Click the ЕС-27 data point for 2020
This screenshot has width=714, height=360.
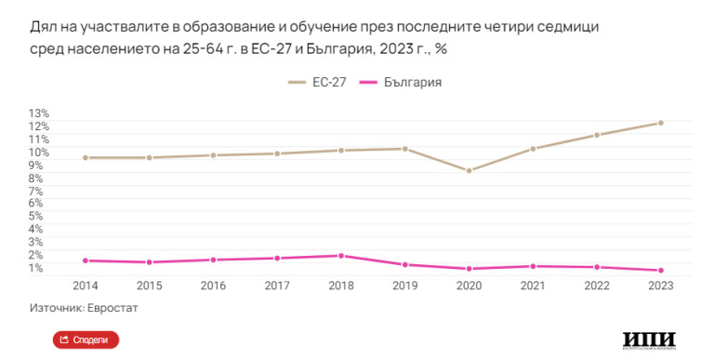tap(469, 170)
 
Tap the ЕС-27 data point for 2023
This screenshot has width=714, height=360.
tap(660, 123)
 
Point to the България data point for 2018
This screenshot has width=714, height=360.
tap(341, 256)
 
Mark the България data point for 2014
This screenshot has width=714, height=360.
tap(86, 260)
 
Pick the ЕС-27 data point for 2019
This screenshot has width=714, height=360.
tap(405, 149)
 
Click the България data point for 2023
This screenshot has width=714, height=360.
tap(660, 271)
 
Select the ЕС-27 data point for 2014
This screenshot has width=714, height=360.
tap(86, 158)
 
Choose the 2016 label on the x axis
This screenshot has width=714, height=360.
tap(213, 286)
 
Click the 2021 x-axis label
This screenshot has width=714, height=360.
tap(533, 286)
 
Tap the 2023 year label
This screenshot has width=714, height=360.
tap(660, 286)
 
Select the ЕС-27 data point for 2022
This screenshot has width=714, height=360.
tap(596, 135)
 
